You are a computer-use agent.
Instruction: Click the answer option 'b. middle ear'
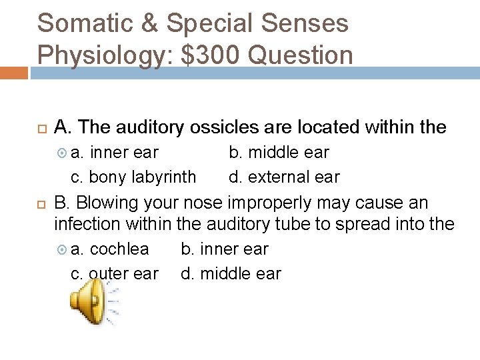(x=279, y=153)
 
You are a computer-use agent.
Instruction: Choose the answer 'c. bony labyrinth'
(x=133, y=177)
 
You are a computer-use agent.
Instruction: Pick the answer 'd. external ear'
(x=284, y=177)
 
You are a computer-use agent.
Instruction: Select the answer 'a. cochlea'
(x=110, y=249)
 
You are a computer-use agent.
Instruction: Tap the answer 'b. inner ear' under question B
(x=225, y=249)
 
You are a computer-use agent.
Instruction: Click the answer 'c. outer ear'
(x=115, y=274)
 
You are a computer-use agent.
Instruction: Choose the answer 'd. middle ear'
(x=231, y=274)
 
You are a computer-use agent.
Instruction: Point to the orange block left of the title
(x=14, y=72)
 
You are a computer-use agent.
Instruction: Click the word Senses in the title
(x=305, y=24)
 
